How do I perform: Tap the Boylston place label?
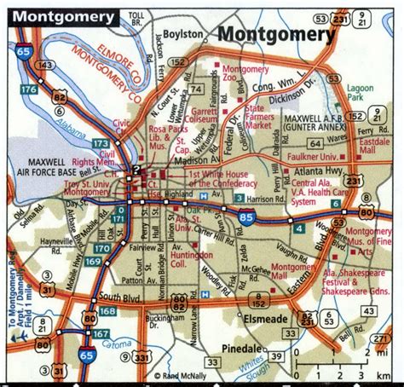[182, 33]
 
